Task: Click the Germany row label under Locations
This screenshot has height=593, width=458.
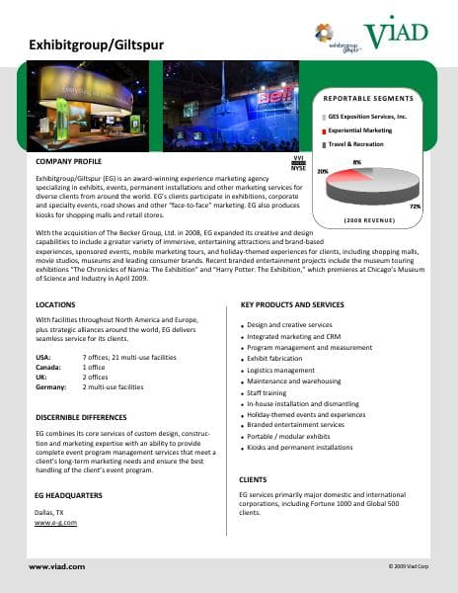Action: point(50,387)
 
